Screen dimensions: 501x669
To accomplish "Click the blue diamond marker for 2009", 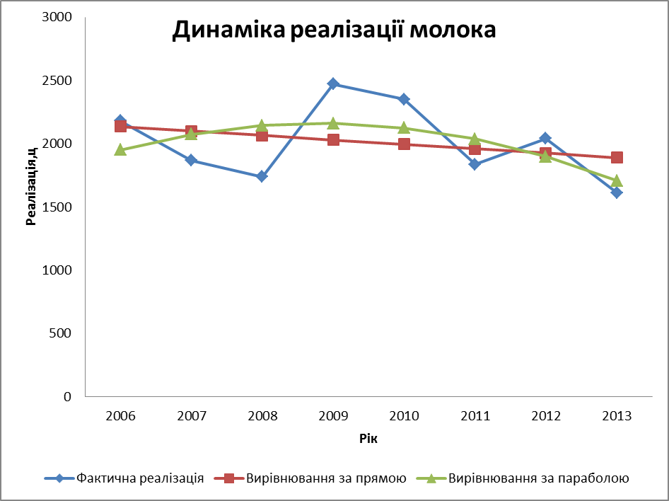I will [x=333, y=84].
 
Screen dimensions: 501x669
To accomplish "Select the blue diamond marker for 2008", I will [x=262, y=176].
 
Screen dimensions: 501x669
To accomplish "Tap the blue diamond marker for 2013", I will [x=617, y=192].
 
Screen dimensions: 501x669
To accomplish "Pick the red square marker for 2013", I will [x=617, y=157].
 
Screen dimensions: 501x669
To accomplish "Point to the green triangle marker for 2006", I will [x=120, y=149].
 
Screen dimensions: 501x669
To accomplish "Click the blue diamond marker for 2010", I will [x=404, y=99].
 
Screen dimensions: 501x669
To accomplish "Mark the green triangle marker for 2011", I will [x=475, y=139].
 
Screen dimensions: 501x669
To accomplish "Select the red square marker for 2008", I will [x=262, y=135].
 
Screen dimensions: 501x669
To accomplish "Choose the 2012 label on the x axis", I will [x=545, y=416].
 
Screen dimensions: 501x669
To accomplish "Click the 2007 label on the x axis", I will [x=191, y=416].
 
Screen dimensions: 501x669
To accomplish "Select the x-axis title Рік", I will [x=368, y=439].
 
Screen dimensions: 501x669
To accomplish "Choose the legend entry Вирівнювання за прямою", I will [x=326, y=478].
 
